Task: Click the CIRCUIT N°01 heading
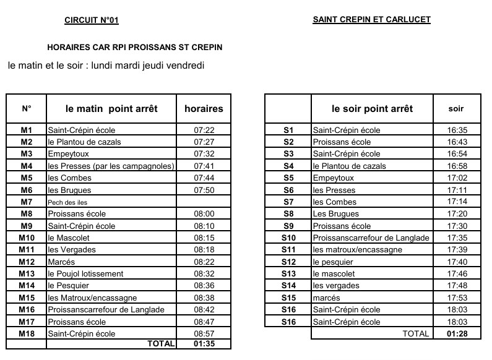coord(91,20)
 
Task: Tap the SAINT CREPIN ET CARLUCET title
coord(371,20)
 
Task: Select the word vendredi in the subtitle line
coord(183,65)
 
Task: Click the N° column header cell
coord(26,109)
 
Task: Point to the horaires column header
coord(204,109)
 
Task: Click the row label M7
coord(26,202)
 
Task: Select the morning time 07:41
coord(204,166)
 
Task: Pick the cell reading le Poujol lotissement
coord(85,273)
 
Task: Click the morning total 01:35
coord(204,344)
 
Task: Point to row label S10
coord(288,238)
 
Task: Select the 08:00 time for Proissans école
coord(204,213)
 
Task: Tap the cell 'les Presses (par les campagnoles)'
coord(111,166)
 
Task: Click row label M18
coord(26,333)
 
